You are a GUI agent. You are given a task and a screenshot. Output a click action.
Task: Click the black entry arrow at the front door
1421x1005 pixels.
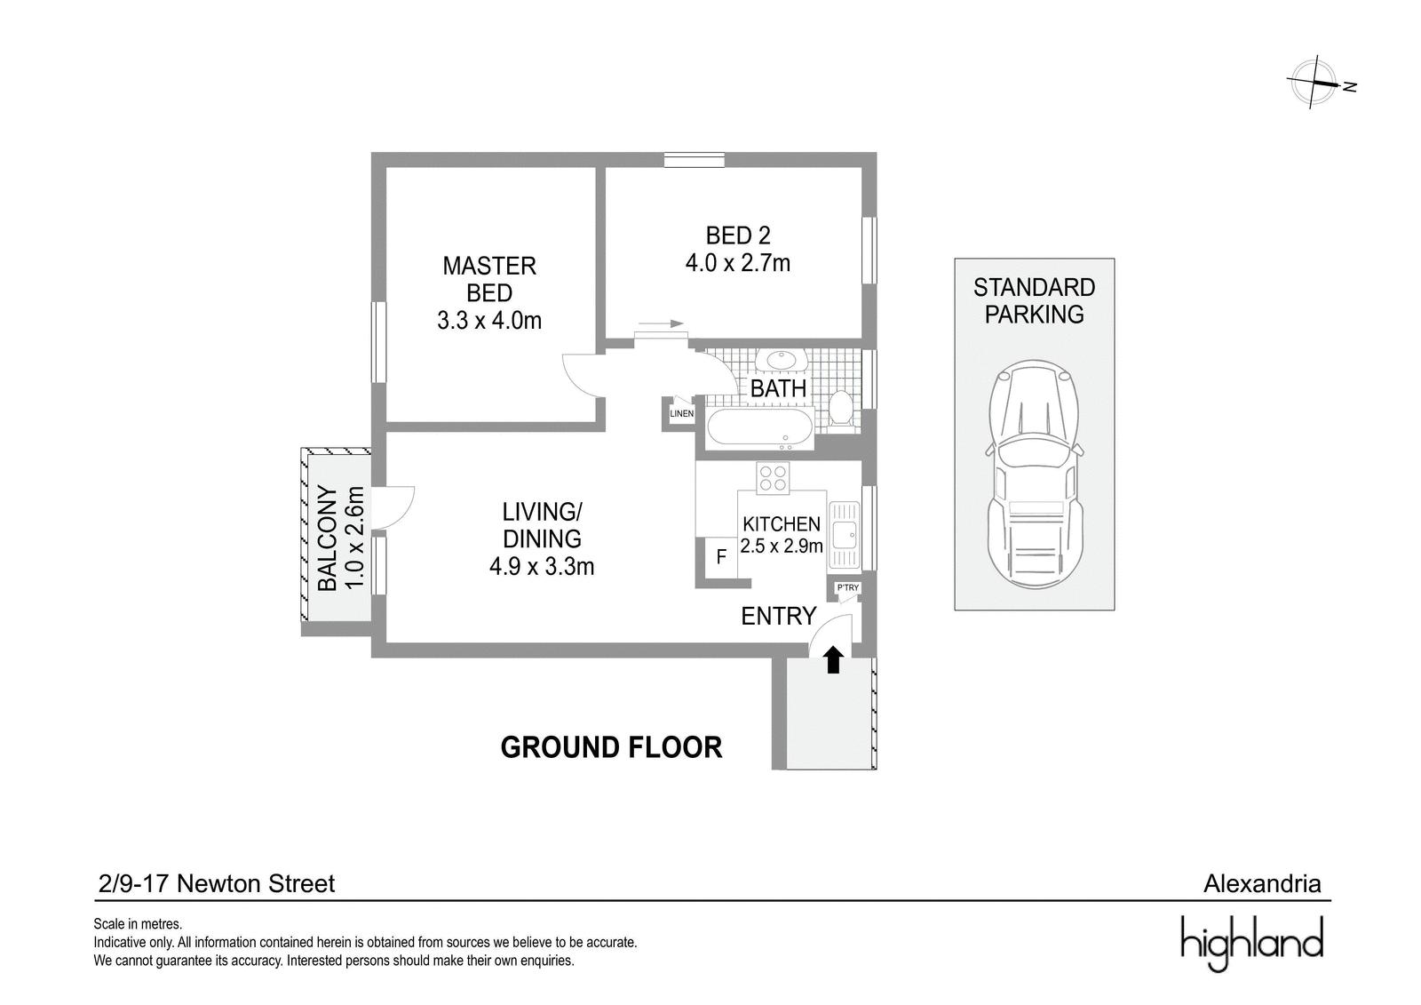coord(834,659)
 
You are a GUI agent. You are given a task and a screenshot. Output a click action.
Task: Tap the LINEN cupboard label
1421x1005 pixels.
coord(682,414)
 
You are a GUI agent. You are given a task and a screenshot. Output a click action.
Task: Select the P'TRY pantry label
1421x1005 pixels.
coord(847,588)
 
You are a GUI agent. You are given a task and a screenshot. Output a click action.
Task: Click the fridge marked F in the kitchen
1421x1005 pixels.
coord(721,557)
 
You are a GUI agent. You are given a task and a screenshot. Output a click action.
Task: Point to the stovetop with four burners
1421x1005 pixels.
coord(773,478)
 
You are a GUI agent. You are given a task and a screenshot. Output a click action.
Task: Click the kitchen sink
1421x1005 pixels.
coord(845,534)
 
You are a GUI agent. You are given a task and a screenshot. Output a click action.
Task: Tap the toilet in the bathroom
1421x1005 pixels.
coord(842,408)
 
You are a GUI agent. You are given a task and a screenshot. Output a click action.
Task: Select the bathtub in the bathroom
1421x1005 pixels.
coord(760,427)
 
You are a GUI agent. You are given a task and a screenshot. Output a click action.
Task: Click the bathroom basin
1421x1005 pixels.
coord(782,360)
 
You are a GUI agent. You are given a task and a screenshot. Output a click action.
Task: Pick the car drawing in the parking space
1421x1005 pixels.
coord(1035,475)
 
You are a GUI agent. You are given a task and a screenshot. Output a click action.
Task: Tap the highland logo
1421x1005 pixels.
coord(1251,943)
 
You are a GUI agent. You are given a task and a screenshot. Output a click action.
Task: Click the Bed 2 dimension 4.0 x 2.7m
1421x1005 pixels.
coord(738,263)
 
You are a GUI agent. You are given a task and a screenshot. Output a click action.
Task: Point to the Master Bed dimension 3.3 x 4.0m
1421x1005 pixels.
coord(489,321)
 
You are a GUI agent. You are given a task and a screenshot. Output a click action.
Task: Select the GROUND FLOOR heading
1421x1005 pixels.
coord(612,747)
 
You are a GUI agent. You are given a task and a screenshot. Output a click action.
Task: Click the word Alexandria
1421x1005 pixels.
coord(1262,884)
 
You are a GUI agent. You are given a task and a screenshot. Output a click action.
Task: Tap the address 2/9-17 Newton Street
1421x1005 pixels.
coord(217,884)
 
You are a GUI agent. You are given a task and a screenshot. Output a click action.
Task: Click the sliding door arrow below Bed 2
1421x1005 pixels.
coord(662,323)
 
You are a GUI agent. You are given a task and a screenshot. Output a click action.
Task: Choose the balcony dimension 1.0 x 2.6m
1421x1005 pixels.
coord(355,538)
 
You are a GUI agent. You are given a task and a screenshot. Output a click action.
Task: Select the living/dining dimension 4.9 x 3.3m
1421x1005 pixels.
coord(542,566)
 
